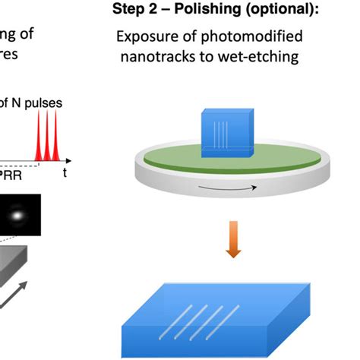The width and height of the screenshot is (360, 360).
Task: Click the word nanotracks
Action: [x=169, y=57]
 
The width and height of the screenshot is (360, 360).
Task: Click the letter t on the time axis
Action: [x=65, y=173]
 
